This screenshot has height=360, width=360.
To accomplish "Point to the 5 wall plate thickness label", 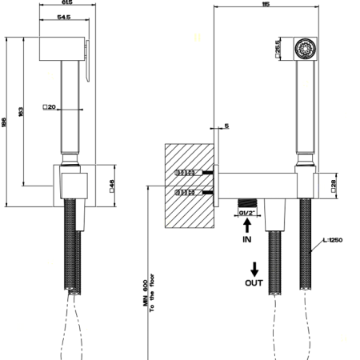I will click(226, 125).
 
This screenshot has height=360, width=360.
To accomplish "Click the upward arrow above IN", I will click(247, 227).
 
